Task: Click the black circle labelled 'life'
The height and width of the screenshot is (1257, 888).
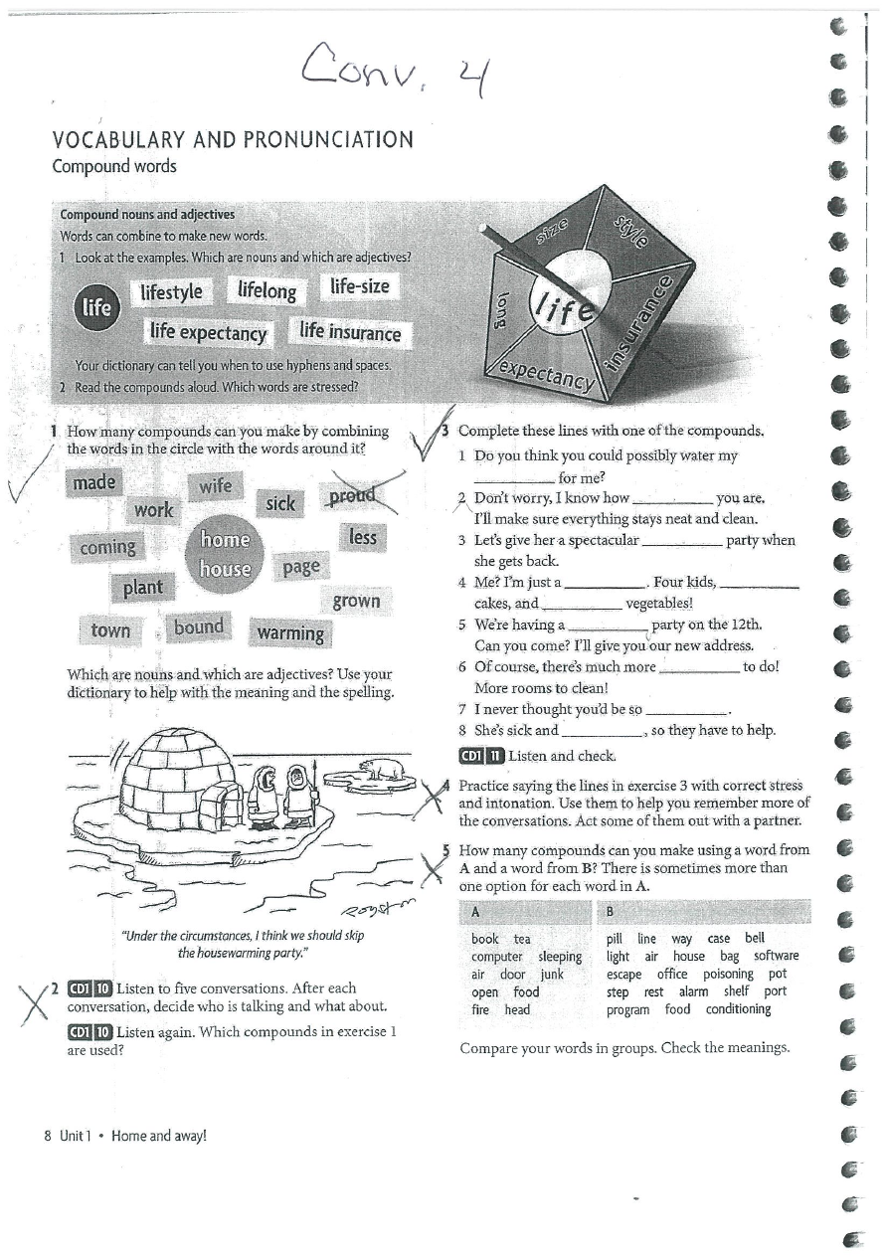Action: (x=95, y=308)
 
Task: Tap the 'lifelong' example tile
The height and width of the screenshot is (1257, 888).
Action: (x=266, y=290)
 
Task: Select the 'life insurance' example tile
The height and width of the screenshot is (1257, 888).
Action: (x=350, y=332)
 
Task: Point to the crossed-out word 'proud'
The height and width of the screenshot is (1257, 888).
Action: (x=351, y=494)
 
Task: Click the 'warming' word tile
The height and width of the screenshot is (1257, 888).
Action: (x=290, y=632)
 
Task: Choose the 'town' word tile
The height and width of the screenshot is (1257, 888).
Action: (x=110, y=630)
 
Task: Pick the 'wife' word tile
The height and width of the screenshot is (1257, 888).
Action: (x=215, y=485)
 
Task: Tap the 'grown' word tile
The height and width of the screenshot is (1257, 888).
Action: (x=356, y=601)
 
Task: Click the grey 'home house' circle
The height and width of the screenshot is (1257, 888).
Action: (x=225, y=554)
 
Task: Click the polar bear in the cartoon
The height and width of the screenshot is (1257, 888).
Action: (x=381, y=769)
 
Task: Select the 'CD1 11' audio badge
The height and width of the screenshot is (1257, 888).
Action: (x=481, y=755)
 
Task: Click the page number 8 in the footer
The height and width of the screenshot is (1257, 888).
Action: (x=48, y=1135)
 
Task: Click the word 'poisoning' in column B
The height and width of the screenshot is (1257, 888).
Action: (x=727, y=975)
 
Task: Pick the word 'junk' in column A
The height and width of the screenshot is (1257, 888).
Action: (x=552, y=975)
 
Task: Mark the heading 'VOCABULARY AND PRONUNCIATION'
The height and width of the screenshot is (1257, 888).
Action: (x=232, y=139)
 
